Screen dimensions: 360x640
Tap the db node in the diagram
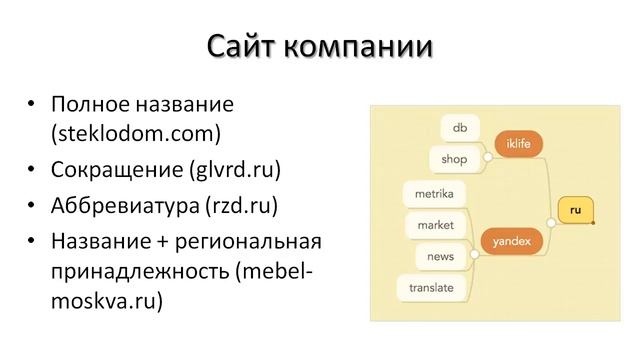460,127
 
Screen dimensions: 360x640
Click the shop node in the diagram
454,158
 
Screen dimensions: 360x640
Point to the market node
436,224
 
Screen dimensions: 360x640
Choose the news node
440,256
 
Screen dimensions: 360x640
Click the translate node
431,288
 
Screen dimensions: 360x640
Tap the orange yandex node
512,240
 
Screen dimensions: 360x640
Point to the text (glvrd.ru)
234,169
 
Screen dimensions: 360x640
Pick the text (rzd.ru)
239,206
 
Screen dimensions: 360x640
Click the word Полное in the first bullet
88,104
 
